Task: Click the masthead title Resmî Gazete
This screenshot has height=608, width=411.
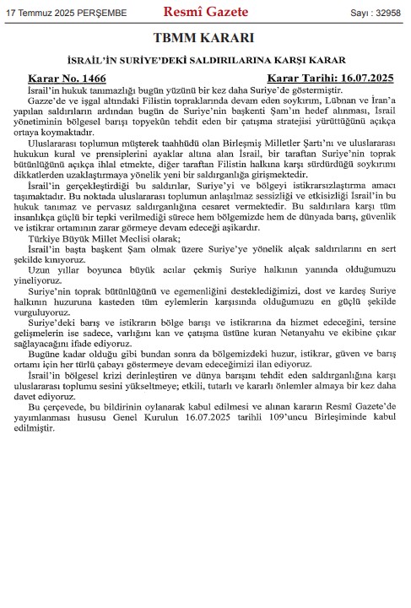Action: tap(205, 12)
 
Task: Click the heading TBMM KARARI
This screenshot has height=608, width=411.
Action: tap(205, 40)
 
